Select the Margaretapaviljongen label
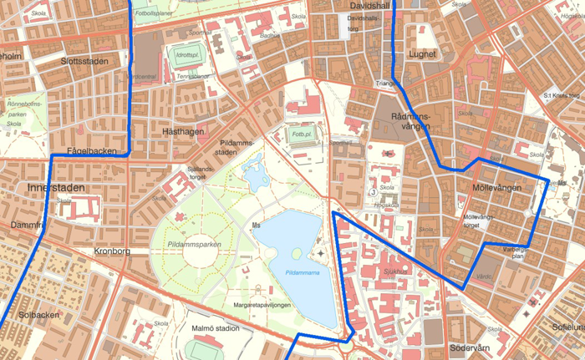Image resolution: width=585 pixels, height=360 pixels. (x=262, y=305)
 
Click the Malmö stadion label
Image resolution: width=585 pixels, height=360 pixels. (x=215, y=328)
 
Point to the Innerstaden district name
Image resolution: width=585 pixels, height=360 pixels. (x=55, y=188)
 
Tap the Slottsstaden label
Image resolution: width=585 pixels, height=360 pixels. (x=84, y=62)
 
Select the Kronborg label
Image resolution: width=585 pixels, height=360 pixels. (x=113, y=251)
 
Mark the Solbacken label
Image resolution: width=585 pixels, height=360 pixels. (x=38, y=315)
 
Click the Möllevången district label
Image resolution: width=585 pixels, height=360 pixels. (x=496, y=188)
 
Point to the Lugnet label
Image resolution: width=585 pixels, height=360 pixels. (x=423, y=54)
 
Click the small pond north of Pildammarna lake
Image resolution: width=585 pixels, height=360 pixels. (x=254, y=175)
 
